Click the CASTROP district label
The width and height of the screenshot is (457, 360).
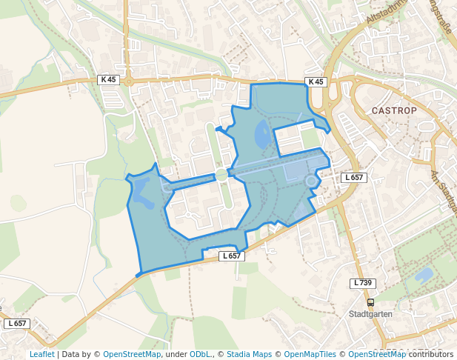[393, 110]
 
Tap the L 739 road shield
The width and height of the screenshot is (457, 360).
[362, 283]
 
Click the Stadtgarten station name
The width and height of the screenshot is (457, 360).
[370, 314]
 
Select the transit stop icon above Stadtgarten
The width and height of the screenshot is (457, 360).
[370, 302]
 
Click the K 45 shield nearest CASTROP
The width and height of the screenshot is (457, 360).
[316, 81]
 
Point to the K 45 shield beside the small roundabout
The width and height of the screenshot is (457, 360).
[107, 79]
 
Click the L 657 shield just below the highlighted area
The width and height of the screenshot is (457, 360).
[232, 256]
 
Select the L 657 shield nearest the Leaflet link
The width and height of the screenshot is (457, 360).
[16, 324]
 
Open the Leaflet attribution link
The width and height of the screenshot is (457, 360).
[41, 354]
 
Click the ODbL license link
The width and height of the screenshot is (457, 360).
[201, 354]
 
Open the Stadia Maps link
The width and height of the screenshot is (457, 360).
[249, 354]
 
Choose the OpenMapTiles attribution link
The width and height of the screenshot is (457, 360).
[310, 354]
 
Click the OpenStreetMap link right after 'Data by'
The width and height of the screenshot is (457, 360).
[132, 354]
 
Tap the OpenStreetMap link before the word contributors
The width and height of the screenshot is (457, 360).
[377, 354]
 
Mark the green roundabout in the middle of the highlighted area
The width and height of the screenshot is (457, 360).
[221, 175]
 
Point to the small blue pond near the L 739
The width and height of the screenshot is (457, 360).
[423, 276]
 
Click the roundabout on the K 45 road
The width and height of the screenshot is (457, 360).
[128, 81]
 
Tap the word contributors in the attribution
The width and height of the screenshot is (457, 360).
[431, 354]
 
